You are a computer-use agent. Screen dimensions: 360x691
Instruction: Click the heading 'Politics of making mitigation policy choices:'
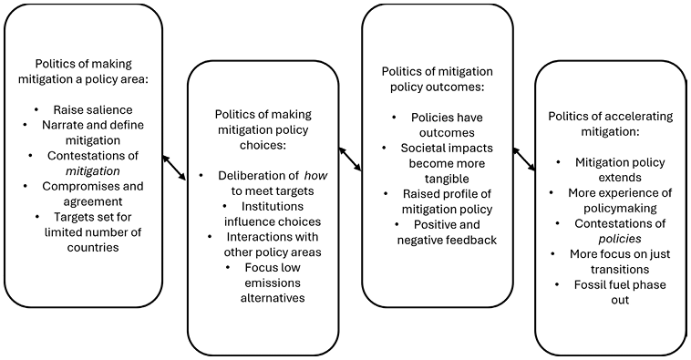(263, 129)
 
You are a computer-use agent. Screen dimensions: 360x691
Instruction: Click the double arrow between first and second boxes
(174, 168)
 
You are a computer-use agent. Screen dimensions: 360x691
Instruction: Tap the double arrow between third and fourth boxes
(523, 158)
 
